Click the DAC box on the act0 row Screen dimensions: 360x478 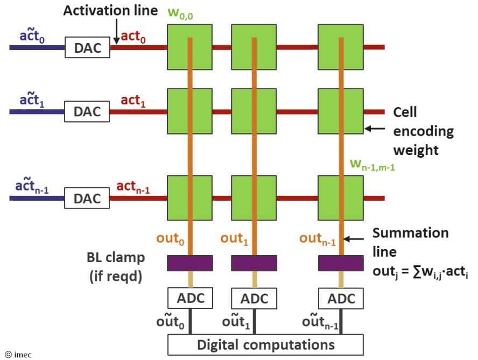point(87,47)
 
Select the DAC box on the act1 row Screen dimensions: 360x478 point(87,112)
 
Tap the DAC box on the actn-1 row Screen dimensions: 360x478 point(87,198)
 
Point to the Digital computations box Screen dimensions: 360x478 point(265,344)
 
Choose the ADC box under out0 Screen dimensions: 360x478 point(190,298)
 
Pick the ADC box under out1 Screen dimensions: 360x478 point(254,298)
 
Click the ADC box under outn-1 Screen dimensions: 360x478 point(341,298)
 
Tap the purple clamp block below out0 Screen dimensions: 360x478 point(190,263)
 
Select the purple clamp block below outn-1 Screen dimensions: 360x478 point(341,263)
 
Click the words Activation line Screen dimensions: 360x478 point(110,10)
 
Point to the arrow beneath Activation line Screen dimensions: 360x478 point(116,31)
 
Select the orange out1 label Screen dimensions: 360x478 point(235,238)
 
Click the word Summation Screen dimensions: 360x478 point(410,233)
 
